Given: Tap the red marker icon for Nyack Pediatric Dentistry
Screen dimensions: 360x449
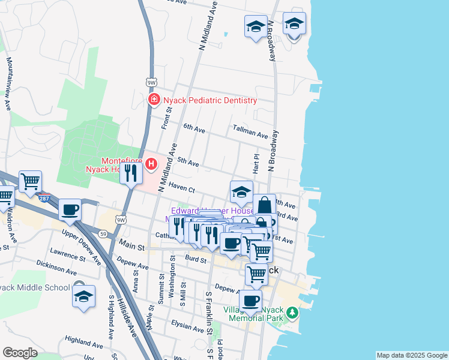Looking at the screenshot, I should tap(154, 100).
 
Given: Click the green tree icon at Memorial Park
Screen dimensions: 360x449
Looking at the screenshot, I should tap(292, 313).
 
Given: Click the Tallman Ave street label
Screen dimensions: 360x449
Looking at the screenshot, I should tap(250, 134).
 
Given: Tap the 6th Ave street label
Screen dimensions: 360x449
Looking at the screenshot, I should tap(194, 128).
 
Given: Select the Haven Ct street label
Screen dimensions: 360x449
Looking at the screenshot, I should tap(182, 188).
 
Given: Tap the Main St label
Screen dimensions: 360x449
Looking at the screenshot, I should tap(133, 246).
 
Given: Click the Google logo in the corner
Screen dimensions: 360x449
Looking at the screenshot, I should tap(20, 353).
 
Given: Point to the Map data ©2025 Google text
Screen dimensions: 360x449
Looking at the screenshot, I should tap(411, 355).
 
